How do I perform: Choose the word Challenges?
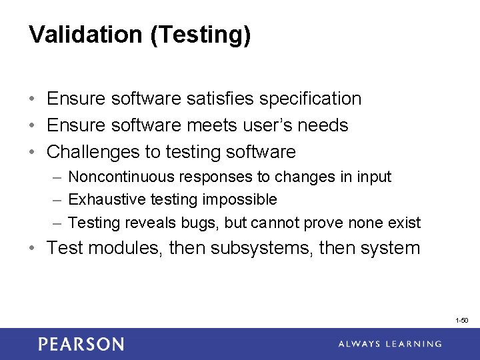pyautogui.click(x=93, y=152)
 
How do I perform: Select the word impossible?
pyautogui.click(x=245, y=200)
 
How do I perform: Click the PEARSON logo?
pyautogui.click(x=81, y=344)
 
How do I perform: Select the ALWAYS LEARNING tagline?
pyautogui.click(x=389, y=344)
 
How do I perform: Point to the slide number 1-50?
pyautogui.click(x=461, y=321)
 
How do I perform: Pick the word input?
pyautogui.click(x=375, y=177)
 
